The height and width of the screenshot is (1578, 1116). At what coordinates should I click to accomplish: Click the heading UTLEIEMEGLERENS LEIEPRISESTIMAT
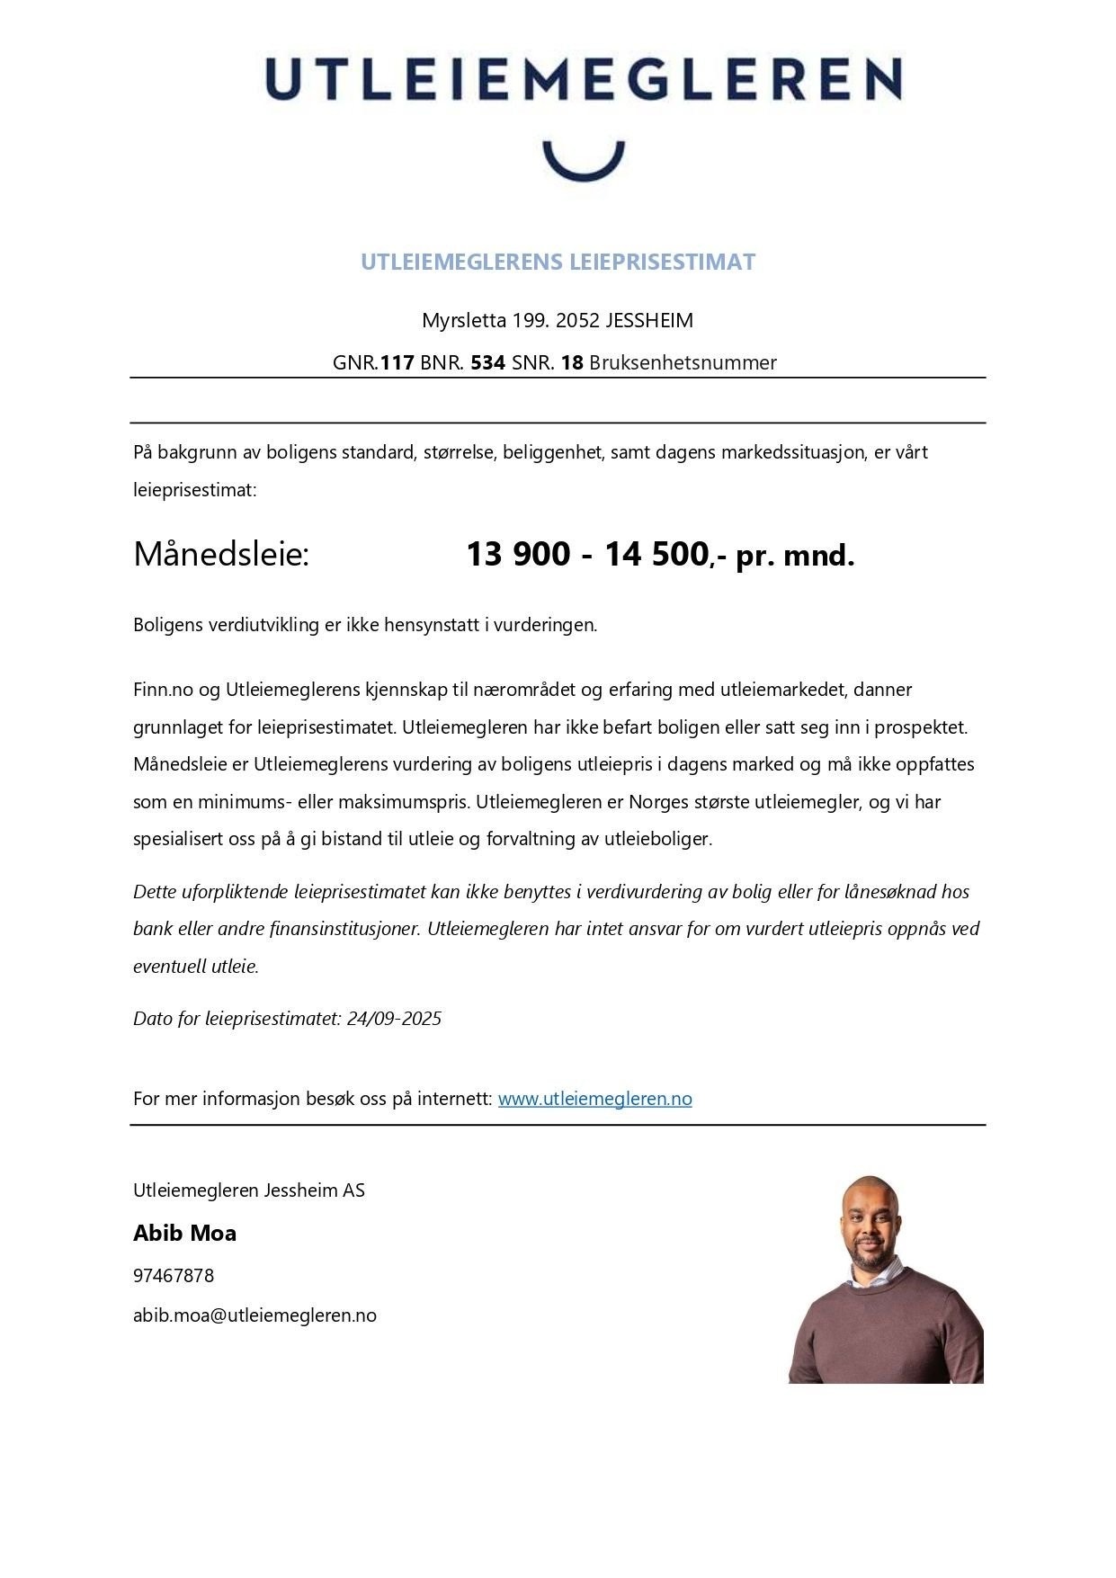(558, 262)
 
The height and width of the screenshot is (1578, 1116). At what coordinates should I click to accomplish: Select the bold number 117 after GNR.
(397, 362)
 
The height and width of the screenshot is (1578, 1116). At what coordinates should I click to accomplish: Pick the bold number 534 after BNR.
(487, 362)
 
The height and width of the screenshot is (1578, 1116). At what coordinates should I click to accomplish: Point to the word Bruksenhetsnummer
(683, 362)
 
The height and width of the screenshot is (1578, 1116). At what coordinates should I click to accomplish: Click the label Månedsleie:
(221, 554)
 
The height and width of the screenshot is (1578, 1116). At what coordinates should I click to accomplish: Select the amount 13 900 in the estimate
(518, 554)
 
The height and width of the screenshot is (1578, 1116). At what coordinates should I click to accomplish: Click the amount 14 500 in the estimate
(656, 554)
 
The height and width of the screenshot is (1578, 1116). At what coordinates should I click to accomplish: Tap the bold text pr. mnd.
(795, 556)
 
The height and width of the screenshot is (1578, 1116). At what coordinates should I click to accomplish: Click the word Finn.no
(163, 690)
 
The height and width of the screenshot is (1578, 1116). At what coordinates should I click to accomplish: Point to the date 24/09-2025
(394, 1018)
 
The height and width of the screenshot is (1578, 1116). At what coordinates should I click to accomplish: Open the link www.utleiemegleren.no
(594, 1098)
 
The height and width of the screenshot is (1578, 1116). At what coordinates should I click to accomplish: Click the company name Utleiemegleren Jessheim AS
(249, 1190)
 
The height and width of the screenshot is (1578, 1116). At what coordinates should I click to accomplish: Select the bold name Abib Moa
(184, 1233)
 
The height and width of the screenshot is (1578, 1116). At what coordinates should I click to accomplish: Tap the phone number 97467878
(174, 1275)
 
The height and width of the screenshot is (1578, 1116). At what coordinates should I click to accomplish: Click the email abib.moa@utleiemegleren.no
(254, 1315)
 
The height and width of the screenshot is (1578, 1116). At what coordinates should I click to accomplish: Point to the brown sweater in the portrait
(886, 1331)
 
